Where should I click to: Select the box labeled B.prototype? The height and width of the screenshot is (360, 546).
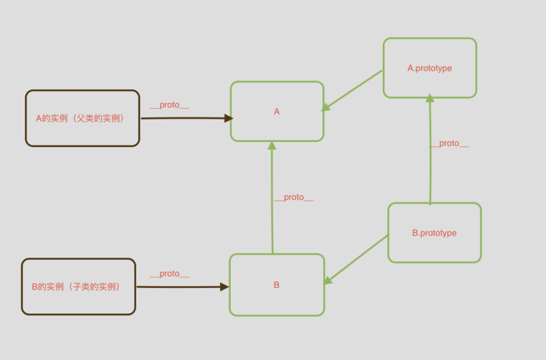[434, 248]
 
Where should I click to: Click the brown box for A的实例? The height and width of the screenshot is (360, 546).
[82, 133]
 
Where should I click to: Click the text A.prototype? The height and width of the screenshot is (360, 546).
[429, 68]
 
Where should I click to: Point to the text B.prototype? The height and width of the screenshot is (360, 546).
[434, 233]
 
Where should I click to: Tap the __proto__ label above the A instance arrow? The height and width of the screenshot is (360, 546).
[169, 105]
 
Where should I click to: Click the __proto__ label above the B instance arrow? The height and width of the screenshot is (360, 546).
[169, 274]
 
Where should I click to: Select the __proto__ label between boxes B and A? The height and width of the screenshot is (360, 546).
[294, 197]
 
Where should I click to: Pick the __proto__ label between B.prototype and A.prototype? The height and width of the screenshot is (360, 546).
[449, 143]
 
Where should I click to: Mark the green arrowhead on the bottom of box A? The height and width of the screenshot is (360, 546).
[272, 145]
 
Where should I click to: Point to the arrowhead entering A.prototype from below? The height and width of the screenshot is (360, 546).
[429, 99]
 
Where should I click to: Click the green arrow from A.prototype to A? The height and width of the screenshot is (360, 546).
[352, 90]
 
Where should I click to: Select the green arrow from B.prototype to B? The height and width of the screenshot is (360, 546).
[357, 258]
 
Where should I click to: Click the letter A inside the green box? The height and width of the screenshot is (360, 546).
[277, 112]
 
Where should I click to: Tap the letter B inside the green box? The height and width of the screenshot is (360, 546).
[276, 285]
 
